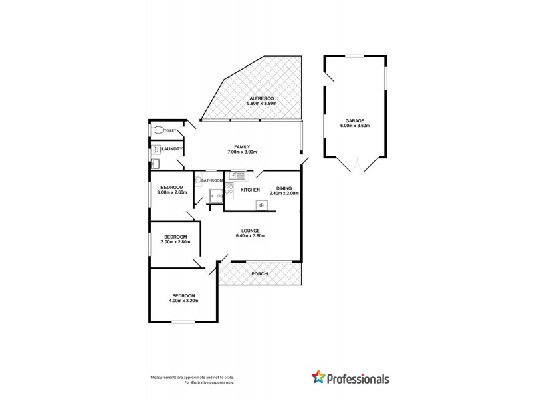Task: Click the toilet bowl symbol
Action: [x=158, y=131]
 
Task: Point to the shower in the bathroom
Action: [x=215, y=195]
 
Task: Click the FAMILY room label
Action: [x=241, y=147]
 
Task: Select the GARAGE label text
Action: [x=355, y=120]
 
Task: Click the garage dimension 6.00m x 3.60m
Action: [x=355, y=126]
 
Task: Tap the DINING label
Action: [x=284, y=188]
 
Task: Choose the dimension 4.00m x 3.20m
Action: [x=183, y=301]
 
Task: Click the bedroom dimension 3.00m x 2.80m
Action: [x=175, y=242]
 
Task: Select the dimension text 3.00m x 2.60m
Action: [x=171, y=192]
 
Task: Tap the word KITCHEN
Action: [x=250, y=191]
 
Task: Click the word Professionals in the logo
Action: [x=358, y=378]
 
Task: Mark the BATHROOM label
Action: [x=212, y=180]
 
